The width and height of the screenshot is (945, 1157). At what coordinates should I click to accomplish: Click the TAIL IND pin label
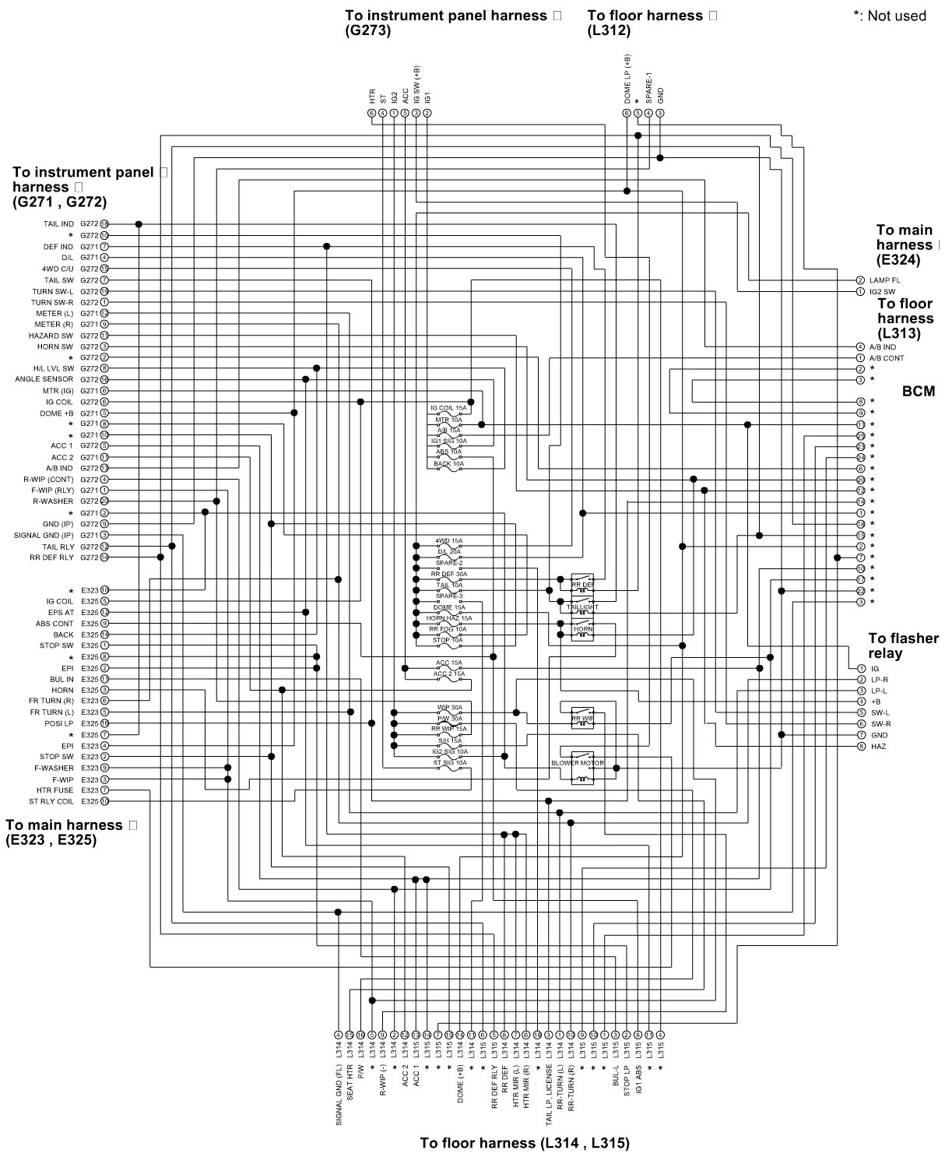(x=58, y=224)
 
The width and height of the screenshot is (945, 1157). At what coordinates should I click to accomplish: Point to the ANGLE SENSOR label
(x=44, y=379)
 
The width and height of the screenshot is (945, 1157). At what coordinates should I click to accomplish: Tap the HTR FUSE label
(x=55, y=790)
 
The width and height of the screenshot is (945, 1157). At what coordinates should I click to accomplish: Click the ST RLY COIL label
(x=51, y=801)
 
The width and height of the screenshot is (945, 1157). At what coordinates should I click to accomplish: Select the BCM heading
(x=919, y=391)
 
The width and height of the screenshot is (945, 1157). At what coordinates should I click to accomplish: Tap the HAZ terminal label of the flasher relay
(x=879, y=747)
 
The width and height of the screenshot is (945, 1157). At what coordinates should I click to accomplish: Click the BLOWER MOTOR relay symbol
(x=581, y=766)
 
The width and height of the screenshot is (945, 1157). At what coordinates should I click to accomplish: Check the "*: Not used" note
(x=890, y=16)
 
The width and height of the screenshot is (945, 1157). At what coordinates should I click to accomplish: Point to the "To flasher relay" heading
(x=903, y=645)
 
